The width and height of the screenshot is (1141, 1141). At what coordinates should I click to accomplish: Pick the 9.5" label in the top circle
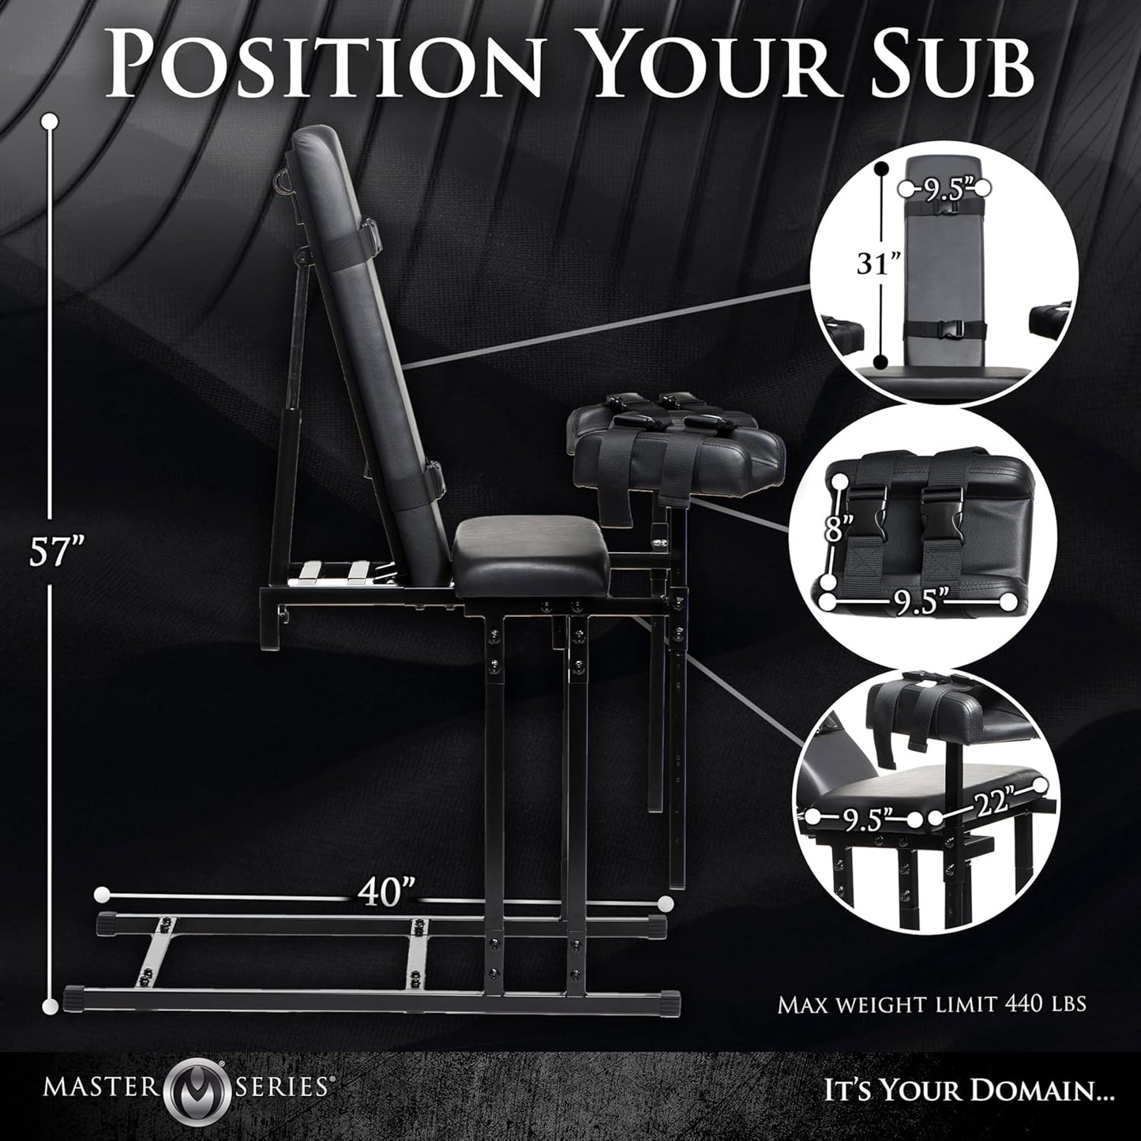(945, 189)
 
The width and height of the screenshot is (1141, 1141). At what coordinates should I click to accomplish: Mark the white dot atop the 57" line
(51, 121)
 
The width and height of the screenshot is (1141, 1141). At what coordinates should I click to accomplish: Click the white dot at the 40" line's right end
(666, 901)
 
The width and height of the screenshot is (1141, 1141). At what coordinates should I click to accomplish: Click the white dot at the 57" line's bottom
(51, 1004)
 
